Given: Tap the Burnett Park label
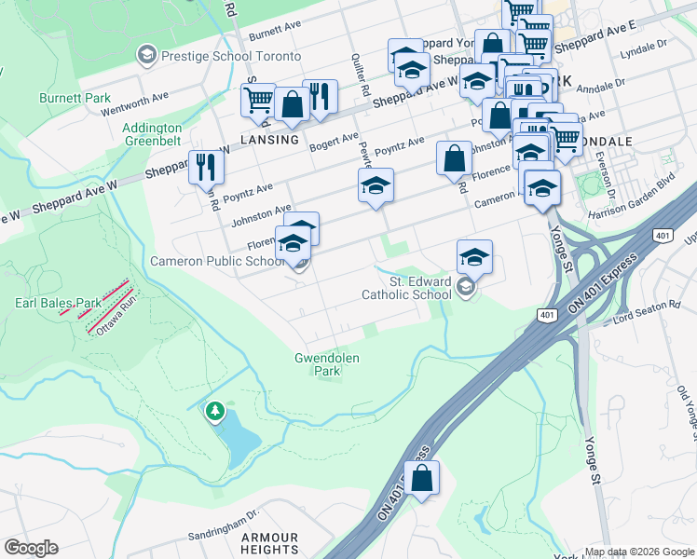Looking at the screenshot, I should point(75,98).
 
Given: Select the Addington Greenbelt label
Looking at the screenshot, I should point(152,134).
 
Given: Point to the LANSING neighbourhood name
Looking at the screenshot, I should point(269,140).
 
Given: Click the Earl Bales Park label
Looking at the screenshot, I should point(58,303).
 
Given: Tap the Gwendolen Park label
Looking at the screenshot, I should point(327,364).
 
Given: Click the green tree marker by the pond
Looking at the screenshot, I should point(215,410).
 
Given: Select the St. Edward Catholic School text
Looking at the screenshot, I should point(406,288).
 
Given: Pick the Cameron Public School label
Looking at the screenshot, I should point(217,262).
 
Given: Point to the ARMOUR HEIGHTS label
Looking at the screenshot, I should point(269,544).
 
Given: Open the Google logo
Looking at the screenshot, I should point(31,548).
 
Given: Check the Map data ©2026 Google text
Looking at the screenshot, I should point(638,552).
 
